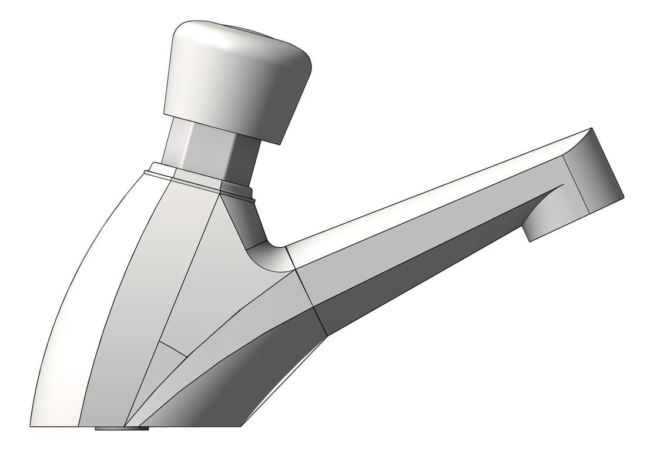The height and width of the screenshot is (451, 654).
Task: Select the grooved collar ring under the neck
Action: [200, 178]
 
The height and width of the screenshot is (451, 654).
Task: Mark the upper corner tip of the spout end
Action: [590, 129]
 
